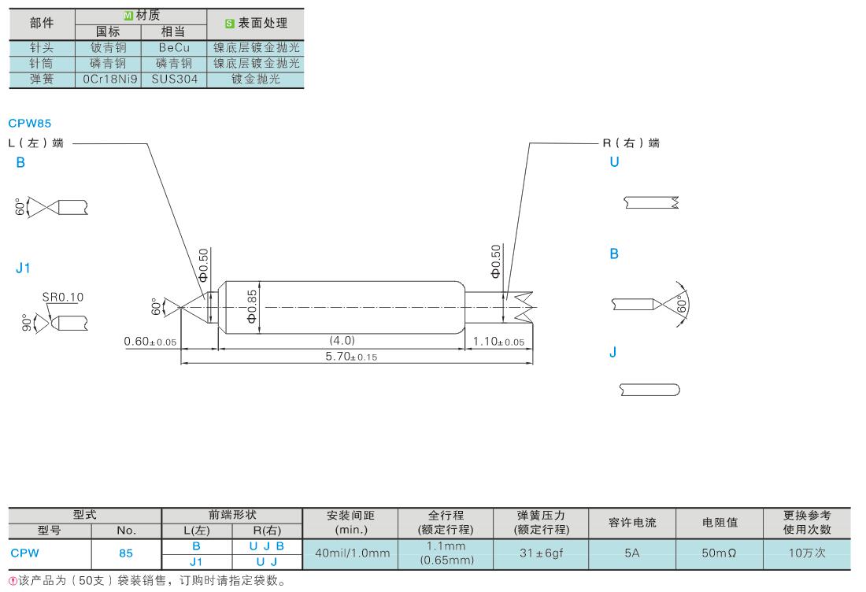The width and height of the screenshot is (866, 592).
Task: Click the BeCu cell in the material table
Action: click(x=174, y=47)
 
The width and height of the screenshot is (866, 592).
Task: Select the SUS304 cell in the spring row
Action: click(x=174, y=80)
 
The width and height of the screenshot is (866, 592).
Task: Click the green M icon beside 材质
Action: click(x=129, y=16)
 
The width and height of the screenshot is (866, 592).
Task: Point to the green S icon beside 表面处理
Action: click(x=220, y=24)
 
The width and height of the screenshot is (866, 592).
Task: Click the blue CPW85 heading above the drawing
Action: click(x=30, y=124)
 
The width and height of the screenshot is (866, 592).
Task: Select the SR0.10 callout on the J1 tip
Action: click(x=63, y=298)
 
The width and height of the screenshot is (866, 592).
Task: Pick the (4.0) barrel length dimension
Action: click(x=341, y=341)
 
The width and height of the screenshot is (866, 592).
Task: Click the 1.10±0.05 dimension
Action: click(x=499, y=342)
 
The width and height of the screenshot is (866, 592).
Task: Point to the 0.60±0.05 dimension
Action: click(x=150, y=342)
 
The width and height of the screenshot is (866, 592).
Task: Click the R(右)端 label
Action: click(x=631, y=143)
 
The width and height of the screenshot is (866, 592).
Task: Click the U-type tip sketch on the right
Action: click(x=651, y=202)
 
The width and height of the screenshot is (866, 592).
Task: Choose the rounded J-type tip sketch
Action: click(x=649, y=389)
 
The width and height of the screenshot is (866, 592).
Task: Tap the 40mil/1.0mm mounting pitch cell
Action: click(x=352, y=553)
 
